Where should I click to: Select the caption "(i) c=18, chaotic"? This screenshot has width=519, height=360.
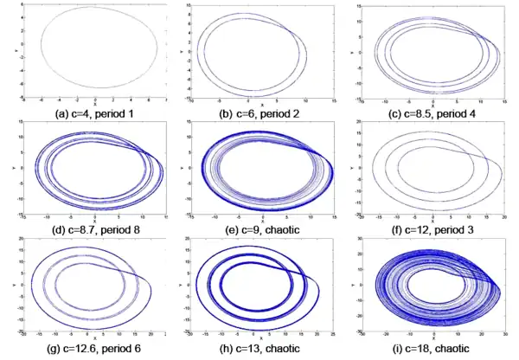427,351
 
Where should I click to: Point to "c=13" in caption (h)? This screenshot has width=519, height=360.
253,351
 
